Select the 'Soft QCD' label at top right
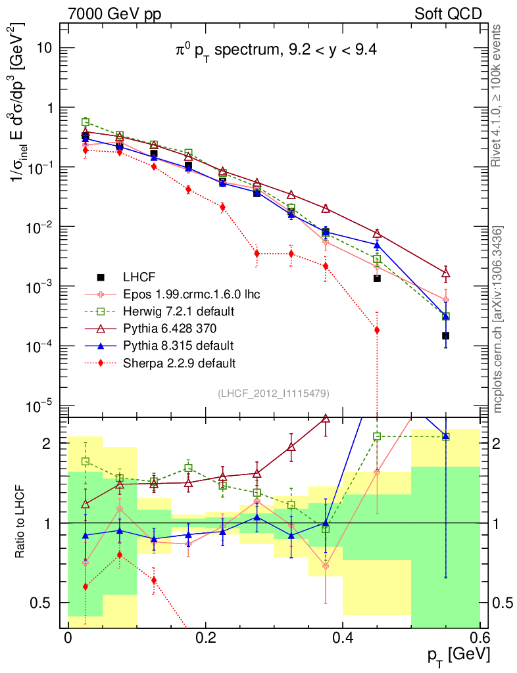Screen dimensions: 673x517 coord(448,12)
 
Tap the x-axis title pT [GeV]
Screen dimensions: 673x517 coord(458,654)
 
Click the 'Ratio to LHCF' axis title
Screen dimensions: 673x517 coord(21,522)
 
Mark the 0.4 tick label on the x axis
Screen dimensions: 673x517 coord(342,638)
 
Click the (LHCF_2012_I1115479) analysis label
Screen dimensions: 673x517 coord(273,393)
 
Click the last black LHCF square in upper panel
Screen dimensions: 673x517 coord(445,336)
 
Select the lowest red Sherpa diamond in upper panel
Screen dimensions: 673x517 coord(377,330)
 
